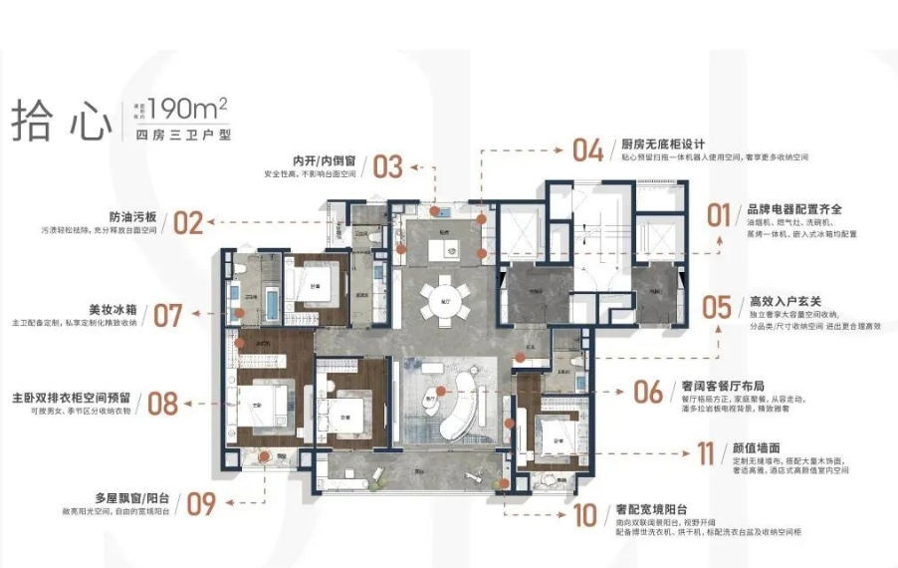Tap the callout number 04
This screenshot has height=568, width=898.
click(x=587, y=150)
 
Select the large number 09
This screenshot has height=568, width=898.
click(x=201, y=504)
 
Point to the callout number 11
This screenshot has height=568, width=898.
click(x=706, y=454)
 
